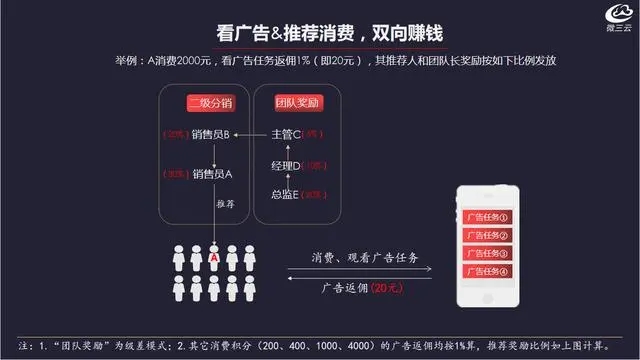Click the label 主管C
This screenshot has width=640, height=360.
(x=287, y=135)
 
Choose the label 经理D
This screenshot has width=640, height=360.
(x=286, y=164)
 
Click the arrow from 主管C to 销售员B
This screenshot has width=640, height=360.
(x=252, y=135)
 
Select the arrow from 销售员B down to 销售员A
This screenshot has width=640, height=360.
(x=212, y=154)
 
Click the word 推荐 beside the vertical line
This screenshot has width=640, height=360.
(x=225, y=204)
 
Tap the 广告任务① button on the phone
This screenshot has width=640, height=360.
(x=486, y=217)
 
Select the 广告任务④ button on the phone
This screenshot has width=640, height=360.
(x=486, y=270)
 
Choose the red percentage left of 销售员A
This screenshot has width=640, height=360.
(x=176, y=174)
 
